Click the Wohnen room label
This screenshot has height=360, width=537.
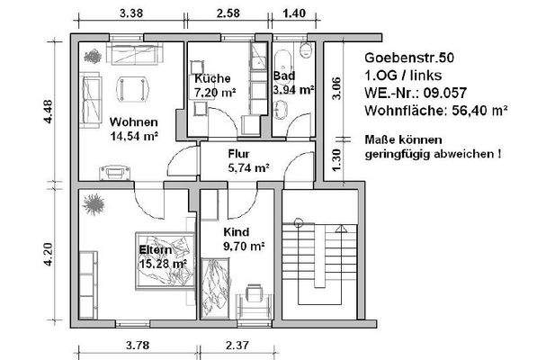[x=134, y=122]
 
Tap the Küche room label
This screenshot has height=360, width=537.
[x=212, y=78]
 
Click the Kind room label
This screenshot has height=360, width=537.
[x=238, y=230]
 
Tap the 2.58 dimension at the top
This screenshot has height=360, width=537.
[x=228, y=13]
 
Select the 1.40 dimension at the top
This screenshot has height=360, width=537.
[x=295, y=13]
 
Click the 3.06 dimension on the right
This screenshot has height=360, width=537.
[x=336, y=91]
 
